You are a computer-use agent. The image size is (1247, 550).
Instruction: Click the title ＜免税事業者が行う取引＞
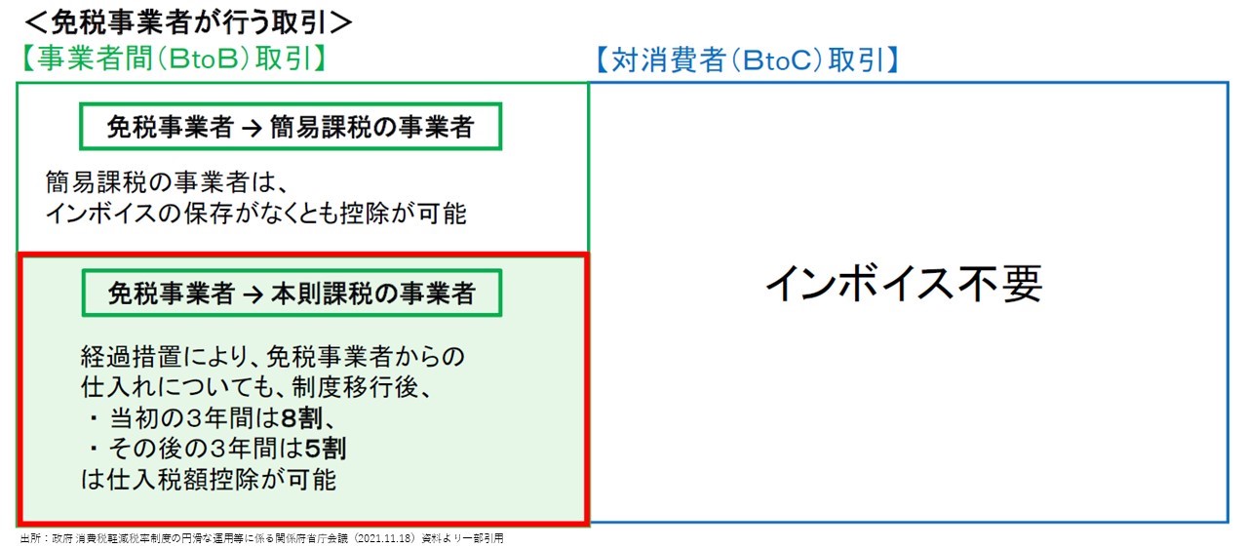tap(188, 22)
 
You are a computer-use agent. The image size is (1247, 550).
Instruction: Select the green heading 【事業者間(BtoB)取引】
tap(174, 59)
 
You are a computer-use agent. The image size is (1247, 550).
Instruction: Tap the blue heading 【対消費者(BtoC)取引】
tap(747, 60)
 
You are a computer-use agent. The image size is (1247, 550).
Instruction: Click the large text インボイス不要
tap(904, 284)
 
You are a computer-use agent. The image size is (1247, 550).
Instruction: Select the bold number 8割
tap(301, 418)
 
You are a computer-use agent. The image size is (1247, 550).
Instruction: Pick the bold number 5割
tap(326, 449)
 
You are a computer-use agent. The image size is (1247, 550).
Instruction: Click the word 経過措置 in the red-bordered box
tap(132, 357)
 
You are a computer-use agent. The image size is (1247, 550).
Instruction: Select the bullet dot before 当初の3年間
tap(94, 418)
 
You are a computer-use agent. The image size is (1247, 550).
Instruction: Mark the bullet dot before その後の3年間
tap(94, 449)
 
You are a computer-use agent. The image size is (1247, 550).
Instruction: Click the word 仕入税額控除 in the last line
tap(183, 480)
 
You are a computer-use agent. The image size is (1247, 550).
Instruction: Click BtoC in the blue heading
tap(777, 60)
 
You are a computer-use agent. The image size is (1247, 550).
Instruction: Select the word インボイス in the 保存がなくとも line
tap(101, 214)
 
